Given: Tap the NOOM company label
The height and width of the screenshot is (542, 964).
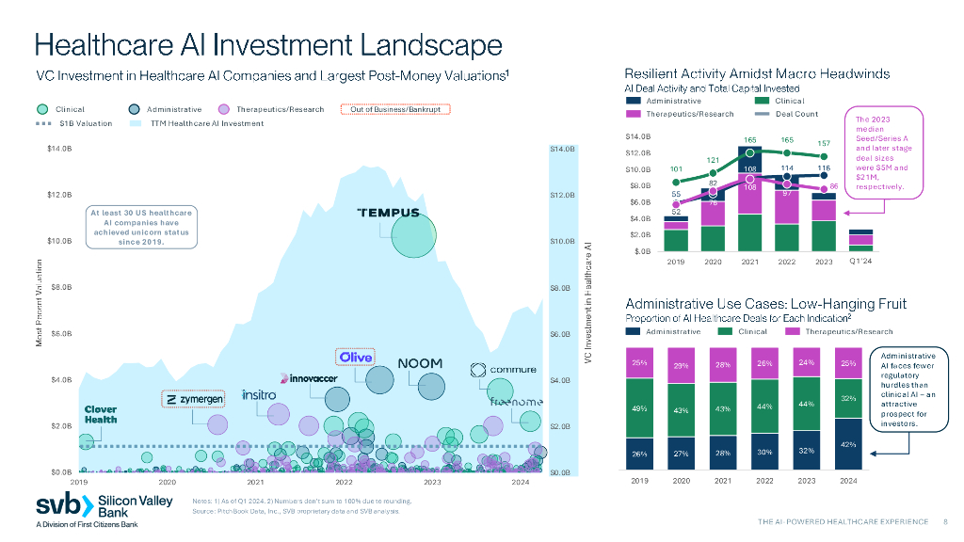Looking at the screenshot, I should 420,363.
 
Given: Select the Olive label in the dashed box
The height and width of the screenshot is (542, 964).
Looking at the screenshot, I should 356,358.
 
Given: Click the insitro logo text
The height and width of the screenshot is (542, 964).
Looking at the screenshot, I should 258,394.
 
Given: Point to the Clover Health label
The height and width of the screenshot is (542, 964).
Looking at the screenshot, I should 101,414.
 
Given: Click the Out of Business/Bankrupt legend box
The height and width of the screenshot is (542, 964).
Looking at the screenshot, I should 395,109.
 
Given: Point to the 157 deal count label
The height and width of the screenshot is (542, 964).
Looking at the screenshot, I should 824,144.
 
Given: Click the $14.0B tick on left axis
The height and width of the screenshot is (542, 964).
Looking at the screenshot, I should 58,149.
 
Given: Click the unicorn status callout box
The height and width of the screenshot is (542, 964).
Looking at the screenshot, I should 140,227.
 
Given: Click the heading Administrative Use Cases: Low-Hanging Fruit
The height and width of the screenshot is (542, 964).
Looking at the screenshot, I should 765,303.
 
